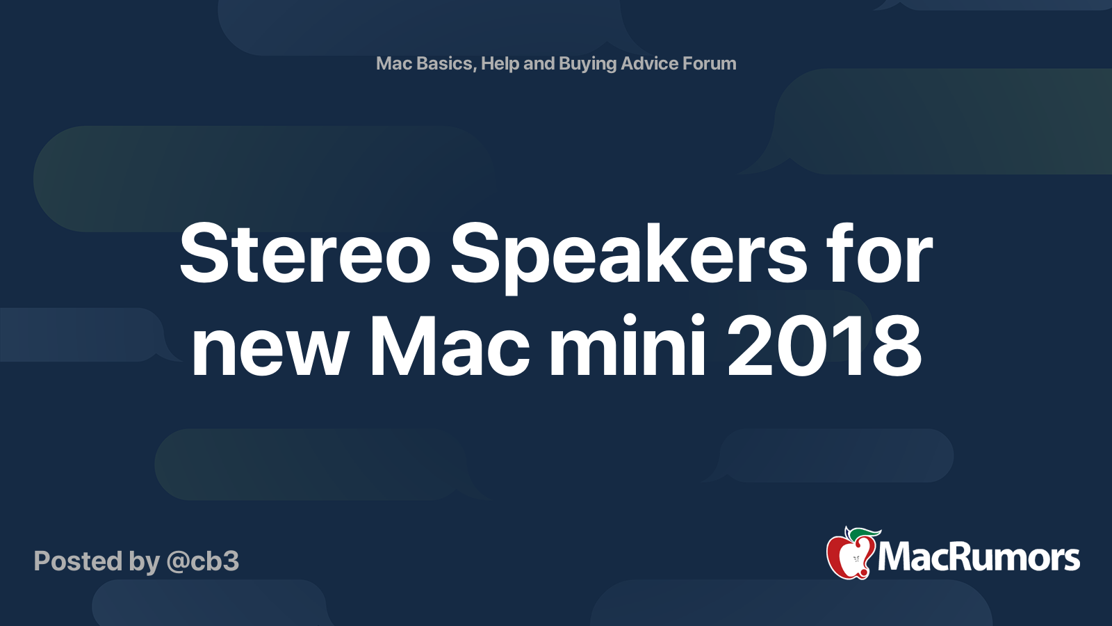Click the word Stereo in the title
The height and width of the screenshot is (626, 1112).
[x=305, y=253]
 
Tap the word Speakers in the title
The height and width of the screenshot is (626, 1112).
[x=628, y=257]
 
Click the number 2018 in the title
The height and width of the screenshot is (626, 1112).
[x=824, y=346]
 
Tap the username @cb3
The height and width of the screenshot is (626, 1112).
[x=203, y=561]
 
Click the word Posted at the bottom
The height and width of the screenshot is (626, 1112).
[x=77, y=561]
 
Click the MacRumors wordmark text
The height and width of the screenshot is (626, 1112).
[x=979, y=559]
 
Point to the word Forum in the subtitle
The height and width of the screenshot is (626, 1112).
[x=710, y=63]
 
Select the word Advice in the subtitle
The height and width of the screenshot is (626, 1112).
[x=649, y=63]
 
